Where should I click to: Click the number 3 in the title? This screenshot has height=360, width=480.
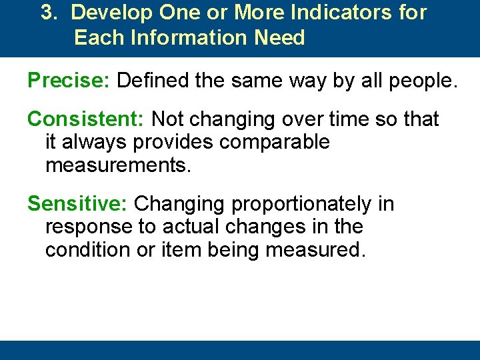[47, 13]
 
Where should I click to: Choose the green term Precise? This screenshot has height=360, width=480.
[68, 81]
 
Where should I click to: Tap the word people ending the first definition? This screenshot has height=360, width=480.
[419, 81]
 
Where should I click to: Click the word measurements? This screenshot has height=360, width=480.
[118, 165]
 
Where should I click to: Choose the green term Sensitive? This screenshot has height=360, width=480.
[78, 204]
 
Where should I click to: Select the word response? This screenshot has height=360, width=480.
[89, 227]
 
